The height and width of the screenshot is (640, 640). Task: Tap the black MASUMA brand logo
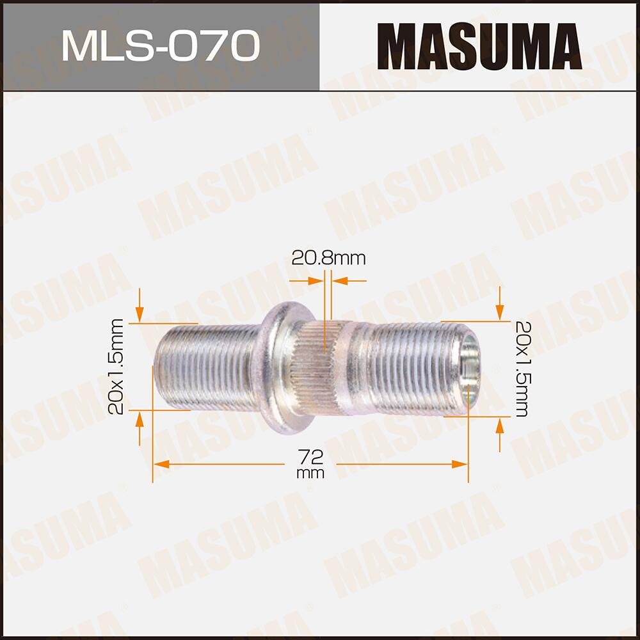480,46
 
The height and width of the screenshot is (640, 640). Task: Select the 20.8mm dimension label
328,258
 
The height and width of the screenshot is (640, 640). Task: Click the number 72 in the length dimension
311,457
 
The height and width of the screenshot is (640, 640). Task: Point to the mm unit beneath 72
311,474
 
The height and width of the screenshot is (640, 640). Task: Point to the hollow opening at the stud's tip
470,369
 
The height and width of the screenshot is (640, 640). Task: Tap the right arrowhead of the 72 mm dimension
460,463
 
